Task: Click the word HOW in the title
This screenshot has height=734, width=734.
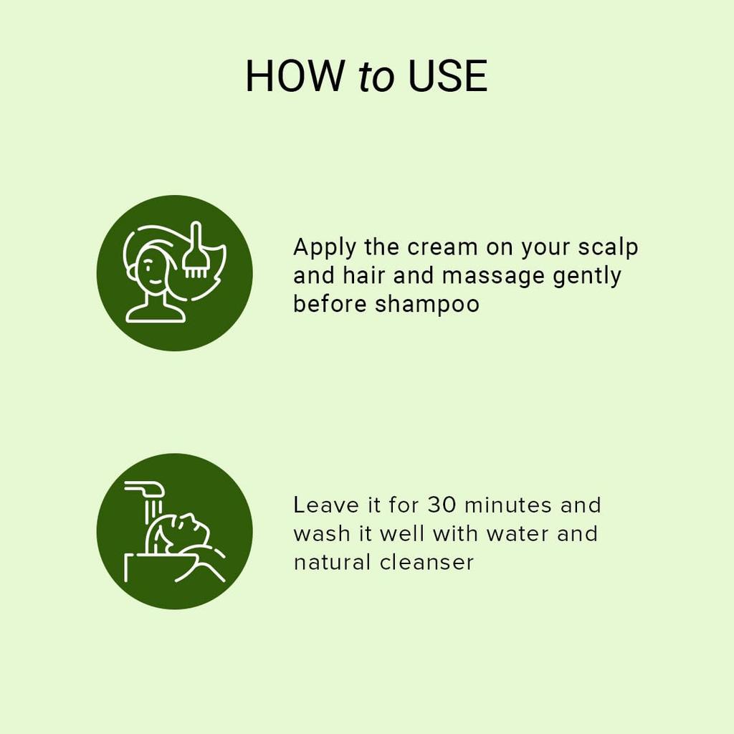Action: [x=294, y=77]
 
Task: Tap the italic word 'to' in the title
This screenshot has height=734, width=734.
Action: [x=376, y=78]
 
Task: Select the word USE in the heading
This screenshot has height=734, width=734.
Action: [x=447, y=77]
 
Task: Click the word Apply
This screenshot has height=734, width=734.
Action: [x=324, y=248]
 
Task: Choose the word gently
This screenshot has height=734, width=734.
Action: [x=587, y=277]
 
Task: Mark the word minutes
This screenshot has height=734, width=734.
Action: [x=508, y=505]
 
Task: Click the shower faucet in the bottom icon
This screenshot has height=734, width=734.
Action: [x=146, y=490]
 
